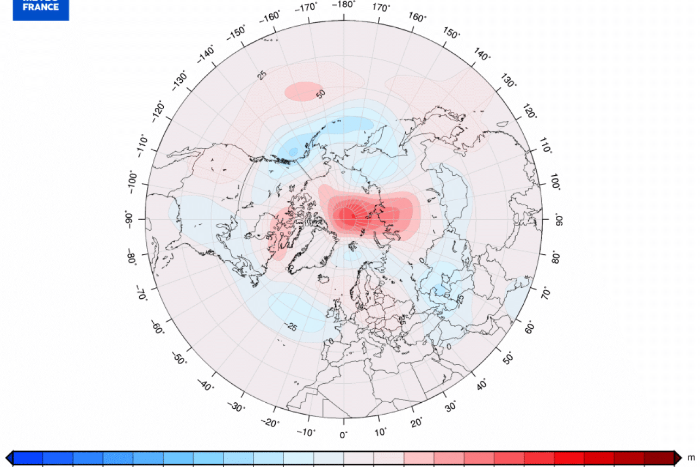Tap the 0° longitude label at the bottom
343,435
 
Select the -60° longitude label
158,328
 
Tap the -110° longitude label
141,145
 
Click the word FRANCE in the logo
41,8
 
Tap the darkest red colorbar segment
659,458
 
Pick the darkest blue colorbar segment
28,458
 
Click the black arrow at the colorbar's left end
9,458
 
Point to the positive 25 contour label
262,75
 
